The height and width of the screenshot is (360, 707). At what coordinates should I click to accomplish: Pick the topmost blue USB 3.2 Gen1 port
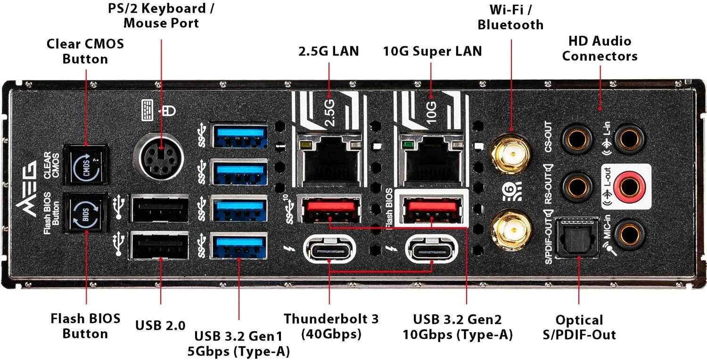[239, 135]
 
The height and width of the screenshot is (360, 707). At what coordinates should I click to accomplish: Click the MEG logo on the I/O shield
[27, 188]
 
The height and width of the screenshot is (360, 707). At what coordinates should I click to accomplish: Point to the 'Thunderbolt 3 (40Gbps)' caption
[331, 326]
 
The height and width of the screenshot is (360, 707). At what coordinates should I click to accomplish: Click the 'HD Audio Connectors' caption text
[599, 48]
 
